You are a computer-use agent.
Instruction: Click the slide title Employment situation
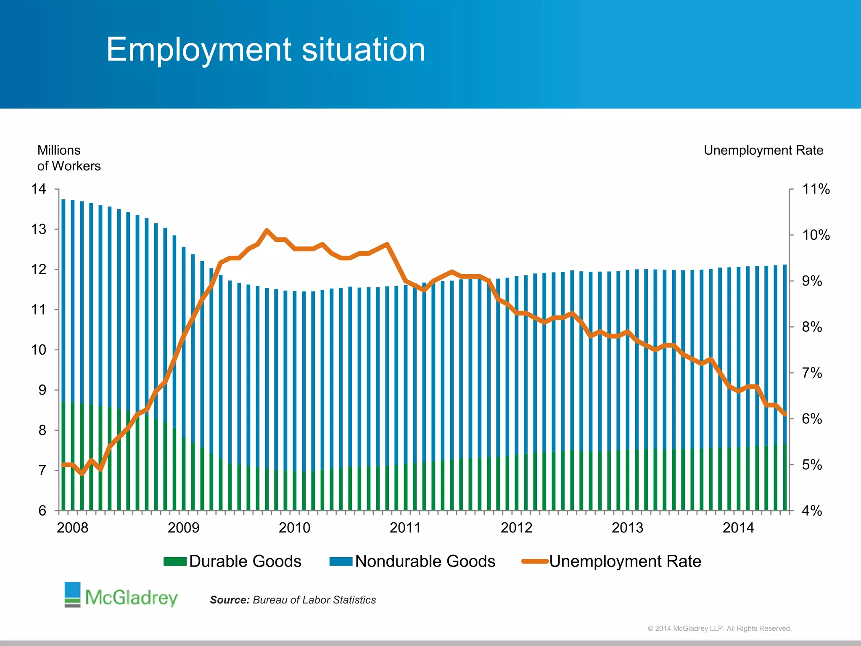click(x=266, y=50)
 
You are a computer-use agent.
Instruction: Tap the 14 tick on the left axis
click(x=39, y=189)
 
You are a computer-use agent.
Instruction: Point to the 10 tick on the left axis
click(x=39, y=350)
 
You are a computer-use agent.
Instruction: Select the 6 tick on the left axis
click(x=42, y=511)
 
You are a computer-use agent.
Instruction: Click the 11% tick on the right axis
click(x=816, y=189)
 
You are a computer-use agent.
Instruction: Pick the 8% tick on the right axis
click(x=812, y=327)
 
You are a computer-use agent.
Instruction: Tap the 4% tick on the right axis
click(x=812, y=511)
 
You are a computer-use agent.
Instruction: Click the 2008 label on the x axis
click(x=73, y=528)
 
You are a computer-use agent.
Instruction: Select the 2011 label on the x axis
click(x=405, y=528)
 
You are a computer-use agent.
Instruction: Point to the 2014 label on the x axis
click(x=738, y=528)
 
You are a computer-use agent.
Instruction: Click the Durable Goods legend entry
click(x=232, y=561)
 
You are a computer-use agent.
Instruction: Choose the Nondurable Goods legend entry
click(x=412, y=561)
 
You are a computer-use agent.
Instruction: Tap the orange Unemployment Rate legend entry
click(x=612, y=561)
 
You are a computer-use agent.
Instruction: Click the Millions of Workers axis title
click(x=69, y=158)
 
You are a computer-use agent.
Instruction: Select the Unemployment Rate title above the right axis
click(x=763, y=151)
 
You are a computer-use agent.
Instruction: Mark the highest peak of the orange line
click(x=267, y=230)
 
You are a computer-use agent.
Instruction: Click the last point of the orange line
click(x=785, y=415)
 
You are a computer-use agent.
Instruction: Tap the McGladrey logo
click(x=121, y=596)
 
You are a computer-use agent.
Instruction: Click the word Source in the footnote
click(x=230, y=600)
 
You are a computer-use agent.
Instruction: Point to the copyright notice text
click(x=719, y=628)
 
